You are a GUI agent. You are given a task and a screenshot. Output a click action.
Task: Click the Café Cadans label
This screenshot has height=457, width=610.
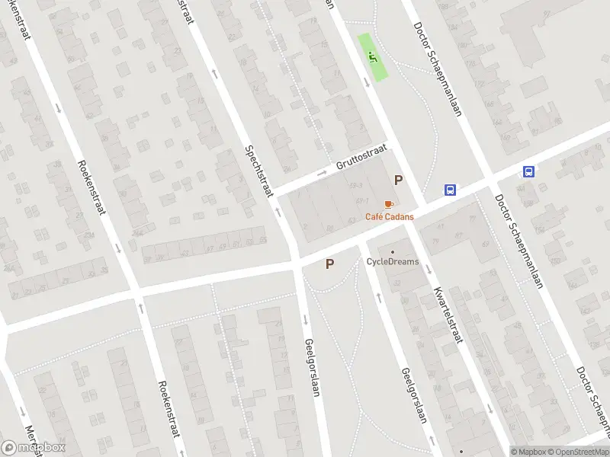click(390, 217)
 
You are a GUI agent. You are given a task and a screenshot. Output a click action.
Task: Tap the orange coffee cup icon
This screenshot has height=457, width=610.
click(389, 205)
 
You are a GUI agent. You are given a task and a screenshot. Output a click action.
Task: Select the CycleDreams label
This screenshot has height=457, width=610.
click(393, 262)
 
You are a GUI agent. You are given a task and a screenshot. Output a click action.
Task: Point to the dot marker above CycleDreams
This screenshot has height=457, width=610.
click(393, 252)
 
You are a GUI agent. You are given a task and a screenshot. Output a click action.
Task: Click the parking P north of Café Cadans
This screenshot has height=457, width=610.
click(397, 181)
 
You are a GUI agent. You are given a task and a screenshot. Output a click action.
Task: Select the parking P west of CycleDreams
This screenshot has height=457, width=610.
click(329, 264)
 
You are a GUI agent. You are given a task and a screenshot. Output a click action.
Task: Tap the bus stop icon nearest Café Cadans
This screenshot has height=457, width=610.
click(451, 190)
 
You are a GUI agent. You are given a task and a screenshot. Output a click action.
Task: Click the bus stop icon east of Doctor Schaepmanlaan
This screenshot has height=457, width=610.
click(528, 171)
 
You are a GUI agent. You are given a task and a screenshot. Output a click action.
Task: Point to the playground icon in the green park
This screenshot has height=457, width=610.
click(372, 56)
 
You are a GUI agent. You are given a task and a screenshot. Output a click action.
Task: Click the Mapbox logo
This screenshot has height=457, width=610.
click(34, 447)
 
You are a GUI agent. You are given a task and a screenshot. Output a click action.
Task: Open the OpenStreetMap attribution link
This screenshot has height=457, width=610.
click(578, 452)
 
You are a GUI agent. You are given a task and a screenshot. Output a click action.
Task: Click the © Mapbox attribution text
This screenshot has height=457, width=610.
click(527, 452)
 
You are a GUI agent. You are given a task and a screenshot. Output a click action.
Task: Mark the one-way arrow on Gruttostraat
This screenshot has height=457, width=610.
click(323, 174)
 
